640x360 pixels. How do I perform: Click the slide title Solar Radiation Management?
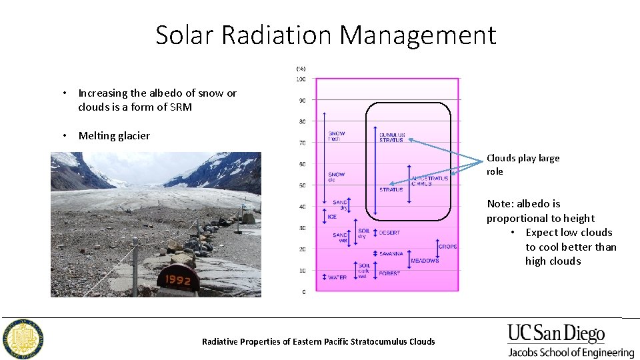click(x=325, y=35)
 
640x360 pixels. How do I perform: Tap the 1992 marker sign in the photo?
click(x=178, y=281)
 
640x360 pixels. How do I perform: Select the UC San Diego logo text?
click(x=556, y=334)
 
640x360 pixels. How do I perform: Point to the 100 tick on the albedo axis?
click(x=301, y=79)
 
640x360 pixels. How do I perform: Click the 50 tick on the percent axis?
click(x=301, y=185)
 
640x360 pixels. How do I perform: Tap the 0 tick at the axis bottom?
click(x=303, y=292)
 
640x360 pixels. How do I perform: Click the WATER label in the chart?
click(x=337, y=277)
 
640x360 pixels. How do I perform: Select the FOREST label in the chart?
click(x=389, y=274)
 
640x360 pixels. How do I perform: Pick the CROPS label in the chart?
click(x=447, y=247)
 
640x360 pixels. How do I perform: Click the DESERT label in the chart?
click(x=389, y=233)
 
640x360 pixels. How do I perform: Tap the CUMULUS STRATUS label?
click(x=392, y=137)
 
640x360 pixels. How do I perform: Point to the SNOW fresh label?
click(x=337, y=136)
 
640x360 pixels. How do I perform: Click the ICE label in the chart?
click(x=332, y=217)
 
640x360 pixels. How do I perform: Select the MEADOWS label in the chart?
click(x=425, y=261)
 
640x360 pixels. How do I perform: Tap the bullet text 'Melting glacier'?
click(x=114, y=136)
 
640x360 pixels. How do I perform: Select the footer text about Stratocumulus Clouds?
click(x=318, y=341)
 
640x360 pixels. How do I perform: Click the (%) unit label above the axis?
click(x=301, y=67)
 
